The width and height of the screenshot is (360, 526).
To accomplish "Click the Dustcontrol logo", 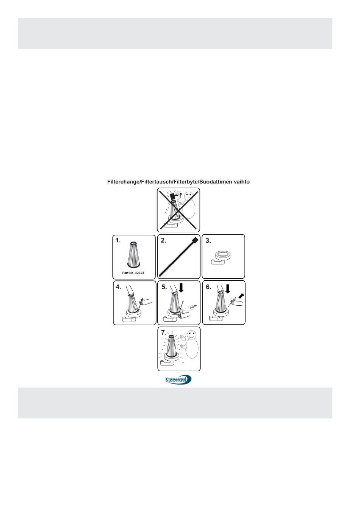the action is pyautogui.click(x=179, y=379).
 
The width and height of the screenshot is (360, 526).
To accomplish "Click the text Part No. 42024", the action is pyautogui.click(x=133, y=273).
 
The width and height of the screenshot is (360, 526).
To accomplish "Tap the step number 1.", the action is pyautogui.click(x=118, y=240).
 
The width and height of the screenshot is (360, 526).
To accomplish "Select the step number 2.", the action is pyautogui.click(x=163, y=240).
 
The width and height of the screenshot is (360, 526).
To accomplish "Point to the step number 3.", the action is pyautogui.click(x=208, y=240).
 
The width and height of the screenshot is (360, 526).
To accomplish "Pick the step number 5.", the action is pyautogui.click(x=164, y=287).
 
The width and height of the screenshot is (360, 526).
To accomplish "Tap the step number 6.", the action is pyautogui.click(x=208, y=287).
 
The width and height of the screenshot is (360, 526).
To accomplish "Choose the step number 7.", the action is pyautogui.click(x=164, y=333).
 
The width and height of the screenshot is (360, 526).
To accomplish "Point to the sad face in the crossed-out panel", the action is pyautogui.click(x=188, y=196).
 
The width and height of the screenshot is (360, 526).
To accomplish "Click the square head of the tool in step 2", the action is pyautogui.click(x=195, y=240).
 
